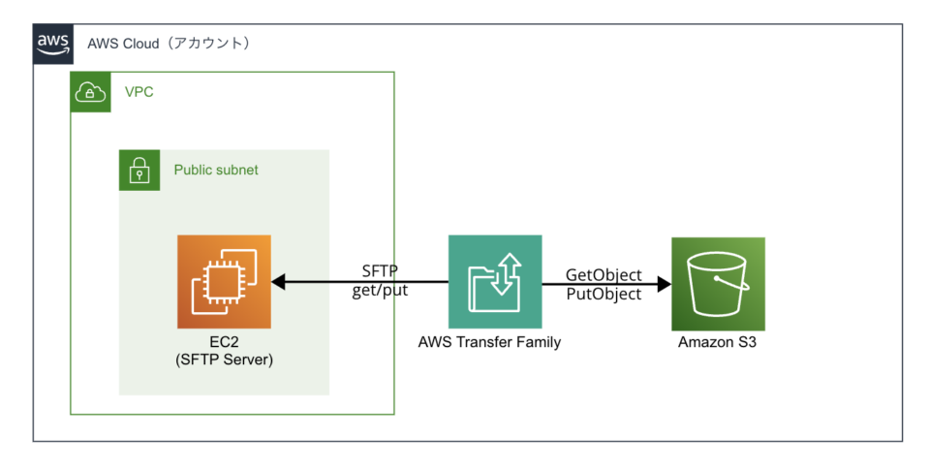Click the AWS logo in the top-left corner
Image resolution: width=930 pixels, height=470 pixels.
point(52,44)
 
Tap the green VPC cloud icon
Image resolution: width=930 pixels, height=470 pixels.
point(89,92)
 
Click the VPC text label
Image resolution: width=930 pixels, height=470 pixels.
point(139,93)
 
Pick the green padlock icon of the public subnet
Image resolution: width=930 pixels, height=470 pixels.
point(139,170)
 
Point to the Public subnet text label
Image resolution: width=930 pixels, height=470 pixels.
point(216,170)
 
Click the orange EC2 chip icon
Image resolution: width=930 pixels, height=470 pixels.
point(224,282)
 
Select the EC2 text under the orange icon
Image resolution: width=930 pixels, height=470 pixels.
point(224,343)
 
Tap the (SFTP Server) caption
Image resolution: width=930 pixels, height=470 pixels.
point(224,360)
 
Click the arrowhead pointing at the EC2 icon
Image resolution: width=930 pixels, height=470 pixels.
point(278,282)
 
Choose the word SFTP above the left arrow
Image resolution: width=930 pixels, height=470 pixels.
point(379,270)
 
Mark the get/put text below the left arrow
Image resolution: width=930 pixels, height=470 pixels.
point(379,291)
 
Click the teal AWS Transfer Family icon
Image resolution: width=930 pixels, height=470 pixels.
point(494,282)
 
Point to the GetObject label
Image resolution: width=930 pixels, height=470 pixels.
point(604,275)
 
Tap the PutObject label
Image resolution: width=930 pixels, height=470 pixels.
point(604,294)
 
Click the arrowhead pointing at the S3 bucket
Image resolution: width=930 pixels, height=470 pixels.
point(665,284)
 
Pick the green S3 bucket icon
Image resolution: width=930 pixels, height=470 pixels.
point(718,283)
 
